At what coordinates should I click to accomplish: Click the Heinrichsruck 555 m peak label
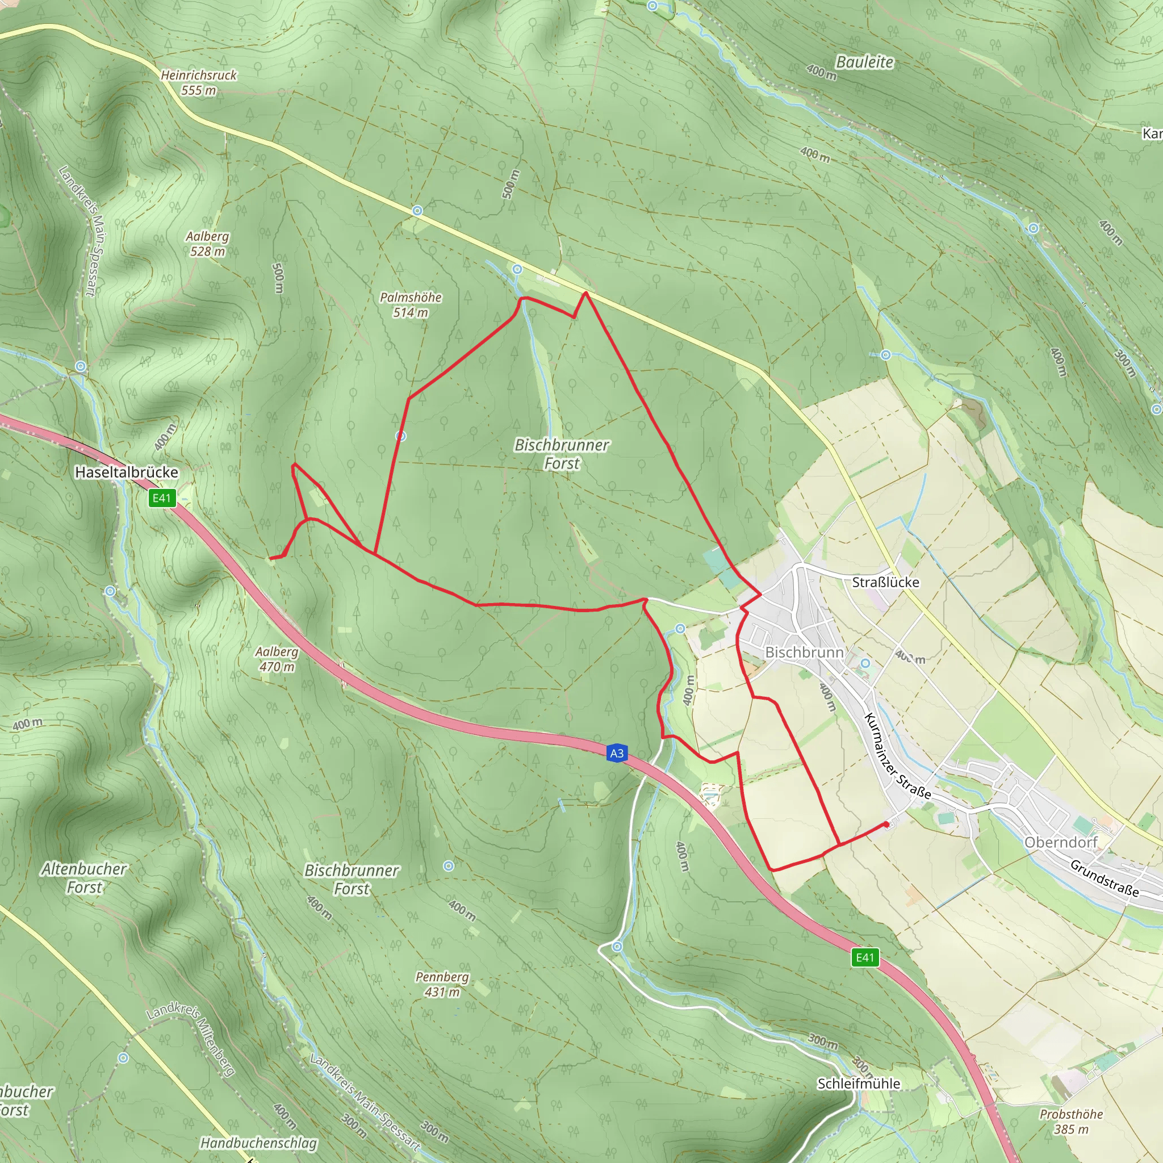pyautogui.click(x=199, y=82)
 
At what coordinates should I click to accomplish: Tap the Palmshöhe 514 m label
pyautogui.click(x=411, y=304)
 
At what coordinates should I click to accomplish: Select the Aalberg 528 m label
pyautogui.click(x=207, y=244)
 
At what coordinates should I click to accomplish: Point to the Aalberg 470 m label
pyautogui.click(x=277, y=659)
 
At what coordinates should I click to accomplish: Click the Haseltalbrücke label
pyautogui.click(x=127, y=472)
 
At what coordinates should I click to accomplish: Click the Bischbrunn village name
pyautogui.click(x=804, y=652)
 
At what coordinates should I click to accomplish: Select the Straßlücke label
pyautogui.click(x=885, y=582)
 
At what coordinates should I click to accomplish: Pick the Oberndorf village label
pyautogui.click(x=1061, y=842)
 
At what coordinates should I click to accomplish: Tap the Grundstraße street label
pyautogui.click(x=1105, y=878)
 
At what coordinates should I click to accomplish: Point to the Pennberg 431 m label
pyautogui.click(x=442, y=984)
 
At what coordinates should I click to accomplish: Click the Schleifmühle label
pyautogui.click(x=859, y=1083)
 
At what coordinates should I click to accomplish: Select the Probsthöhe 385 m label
pyautogui.click(x=1072, y=1122)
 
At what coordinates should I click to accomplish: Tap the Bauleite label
pyautogui.click(x=864, y=62)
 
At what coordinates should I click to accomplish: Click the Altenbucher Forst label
pyautogui.click(x=84, y=878)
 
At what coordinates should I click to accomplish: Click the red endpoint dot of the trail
pyautogui.click(x=886, y=824)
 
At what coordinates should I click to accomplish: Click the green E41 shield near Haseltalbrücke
pyautogui.click(x=162, y=498)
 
